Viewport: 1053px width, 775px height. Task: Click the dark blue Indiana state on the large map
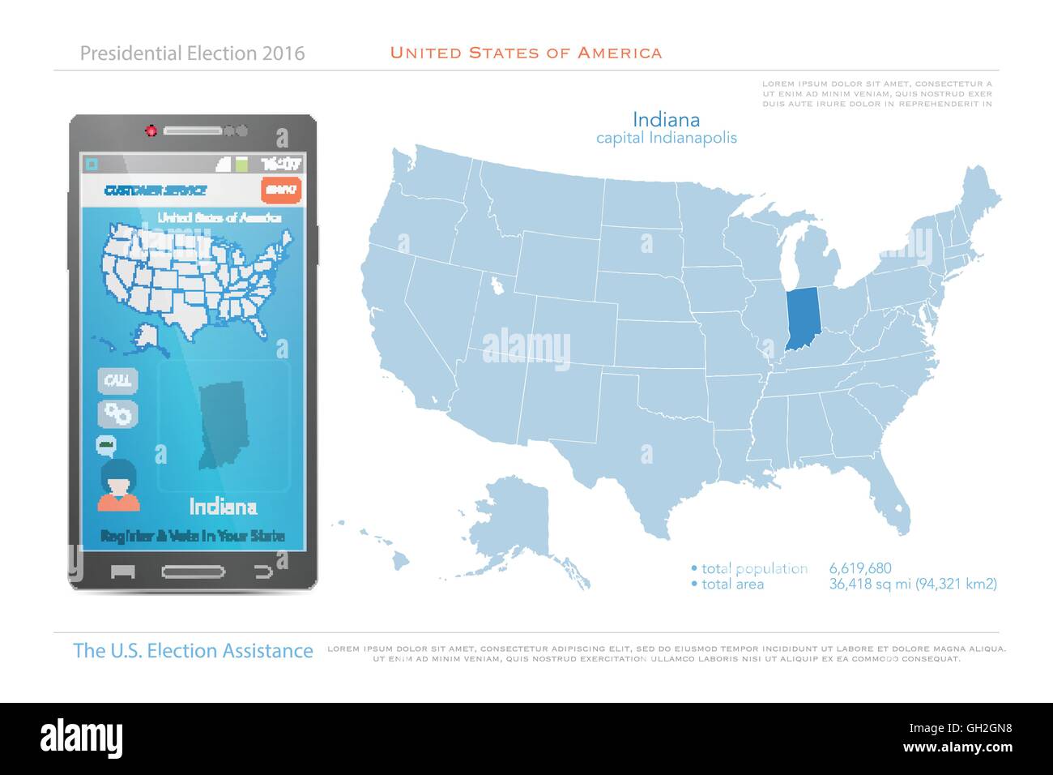pos(801,316)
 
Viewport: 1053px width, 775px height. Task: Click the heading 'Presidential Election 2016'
pos(193,54)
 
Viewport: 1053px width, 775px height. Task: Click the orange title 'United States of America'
pos(526,54)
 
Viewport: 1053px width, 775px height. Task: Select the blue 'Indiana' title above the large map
pos(666,120)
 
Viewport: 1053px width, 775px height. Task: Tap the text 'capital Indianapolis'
pos(666,138)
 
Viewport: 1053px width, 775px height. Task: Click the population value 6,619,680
pos(860,568)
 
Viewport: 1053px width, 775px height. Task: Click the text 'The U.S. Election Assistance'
pos(193,651)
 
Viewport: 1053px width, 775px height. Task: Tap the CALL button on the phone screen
pos(118,380)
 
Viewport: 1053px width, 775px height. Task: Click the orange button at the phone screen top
pos(281,191)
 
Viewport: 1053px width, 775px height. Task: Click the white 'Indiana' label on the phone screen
pos(223,507)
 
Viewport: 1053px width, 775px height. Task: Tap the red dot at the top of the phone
pos(151,131)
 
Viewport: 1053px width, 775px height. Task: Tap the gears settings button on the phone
pos(118,413)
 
